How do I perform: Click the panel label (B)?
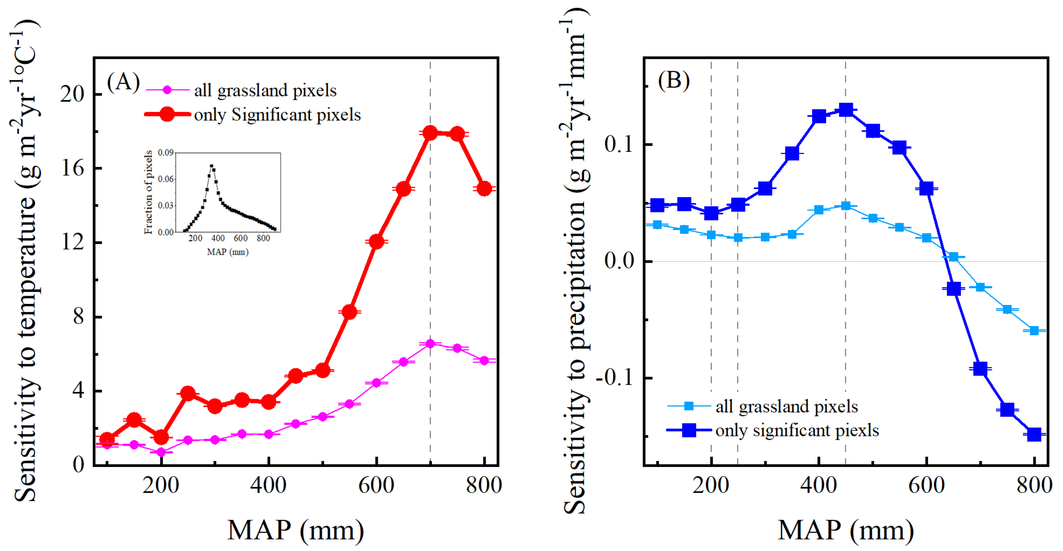pos(674,80)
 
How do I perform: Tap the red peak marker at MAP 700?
pos(430,133)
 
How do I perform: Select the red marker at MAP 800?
pos(484,189)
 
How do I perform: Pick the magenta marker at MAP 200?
pos(161,452)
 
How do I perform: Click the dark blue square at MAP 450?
pos(846,110)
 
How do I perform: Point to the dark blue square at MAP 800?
pos(1034,434)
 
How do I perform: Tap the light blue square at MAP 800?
pos(1034,330)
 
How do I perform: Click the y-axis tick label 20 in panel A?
pos(72,94)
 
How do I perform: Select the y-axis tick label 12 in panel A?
pos(73,242)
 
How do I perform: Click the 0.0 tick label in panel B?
pos(619,261)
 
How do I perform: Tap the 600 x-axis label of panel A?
pos(376,485)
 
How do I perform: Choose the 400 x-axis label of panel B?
pos(819,485)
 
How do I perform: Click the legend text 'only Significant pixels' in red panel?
pos(277,115)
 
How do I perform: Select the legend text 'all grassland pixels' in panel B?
pos(787,407)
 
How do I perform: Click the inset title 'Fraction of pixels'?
pos(148,192)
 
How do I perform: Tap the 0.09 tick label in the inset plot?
pos(165,153)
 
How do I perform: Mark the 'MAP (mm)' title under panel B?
pos(845,530)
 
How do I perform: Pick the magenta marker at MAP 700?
pos(430,344)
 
